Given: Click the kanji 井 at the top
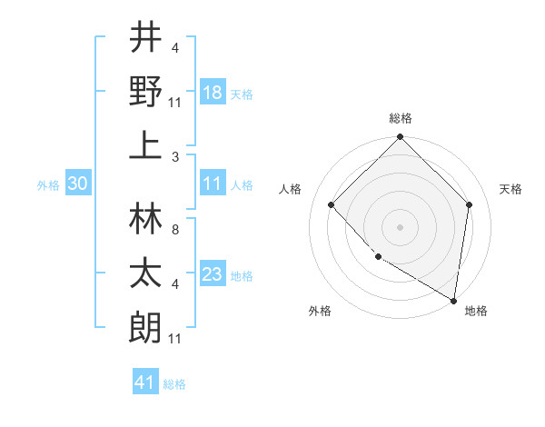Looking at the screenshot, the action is pos(145,39).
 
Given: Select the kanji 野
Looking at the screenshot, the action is pos(145,93).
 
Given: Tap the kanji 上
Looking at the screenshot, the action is pos(145,145).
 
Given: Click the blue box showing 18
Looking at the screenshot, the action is pos(213,93).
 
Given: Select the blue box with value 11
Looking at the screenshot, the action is pos(213,184).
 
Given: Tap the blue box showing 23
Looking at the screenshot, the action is pos(213,274).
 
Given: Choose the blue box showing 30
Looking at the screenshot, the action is pos(78,184).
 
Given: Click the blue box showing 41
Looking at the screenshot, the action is pos(145,382).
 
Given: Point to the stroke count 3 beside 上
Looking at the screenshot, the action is pos(175,157).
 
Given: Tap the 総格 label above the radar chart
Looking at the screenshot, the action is pos(401,118).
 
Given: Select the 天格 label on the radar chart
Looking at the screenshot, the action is pos(511,189).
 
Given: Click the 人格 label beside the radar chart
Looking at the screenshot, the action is pos(291,189).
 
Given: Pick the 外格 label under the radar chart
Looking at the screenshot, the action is pos(320,311).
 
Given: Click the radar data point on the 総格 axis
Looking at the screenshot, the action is pos(401,138).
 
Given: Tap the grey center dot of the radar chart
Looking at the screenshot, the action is pos(401,227).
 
